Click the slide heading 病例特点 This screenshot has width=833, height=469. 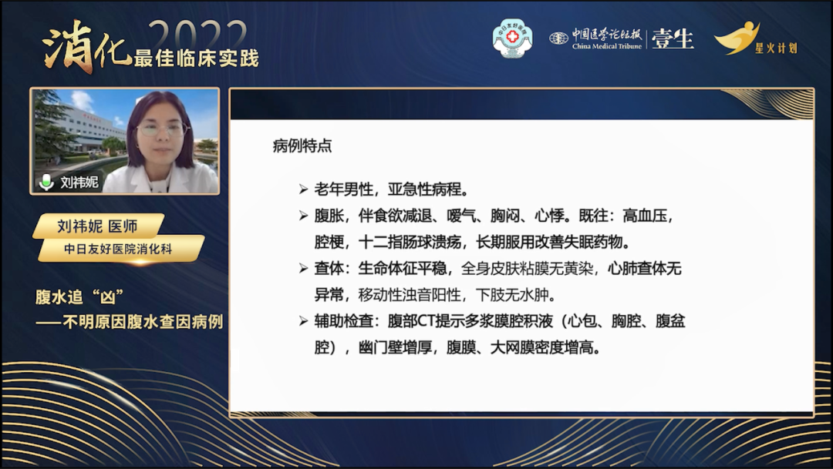tap(302, 146)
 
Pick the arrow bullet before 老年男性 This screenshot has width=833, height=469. tap(303, 189)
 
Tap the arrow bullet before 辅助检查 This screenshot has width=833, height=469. tap(303, 321)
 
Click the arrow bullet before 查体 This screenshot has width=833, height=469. tap(303, 269)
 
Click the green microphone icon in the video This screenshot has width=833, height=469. tap(46, 182)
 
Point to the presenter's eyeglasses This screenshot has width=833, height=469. tap(161, 129)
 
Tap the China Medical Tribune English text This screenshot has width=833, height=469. tap(607, 47)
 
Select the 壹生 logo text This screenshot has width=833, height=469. tap(673, 39)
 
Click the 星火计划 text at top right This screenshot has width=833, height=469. tap(776, 49)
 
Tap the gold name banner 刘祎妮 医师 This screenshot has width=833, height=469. tap(98, 226)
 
